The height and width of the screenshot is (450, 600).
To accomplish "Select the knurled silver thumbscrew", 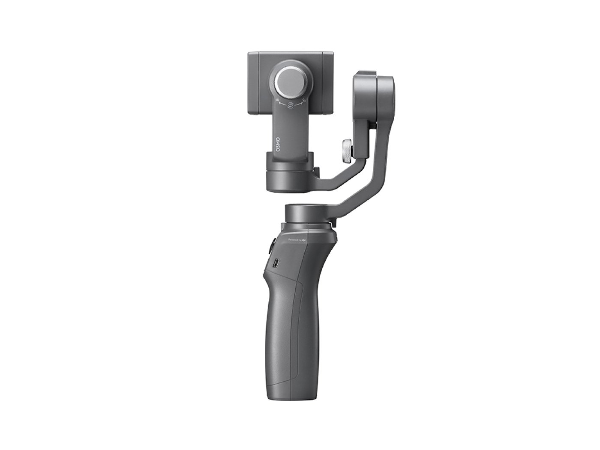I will (x=346, y=150).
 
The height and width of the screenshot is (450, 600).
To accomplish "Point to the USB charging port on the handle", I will (x=275, y=262).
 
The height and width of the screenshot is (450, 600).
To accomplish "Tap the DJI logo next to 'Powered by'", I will (x=305, y=241).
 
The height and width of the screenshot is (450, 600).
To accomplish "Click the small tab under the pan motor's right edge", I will (x=333, y=223).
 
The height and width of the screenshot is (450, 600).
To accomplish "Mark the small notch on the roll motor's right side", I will (x=319, y=172).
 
